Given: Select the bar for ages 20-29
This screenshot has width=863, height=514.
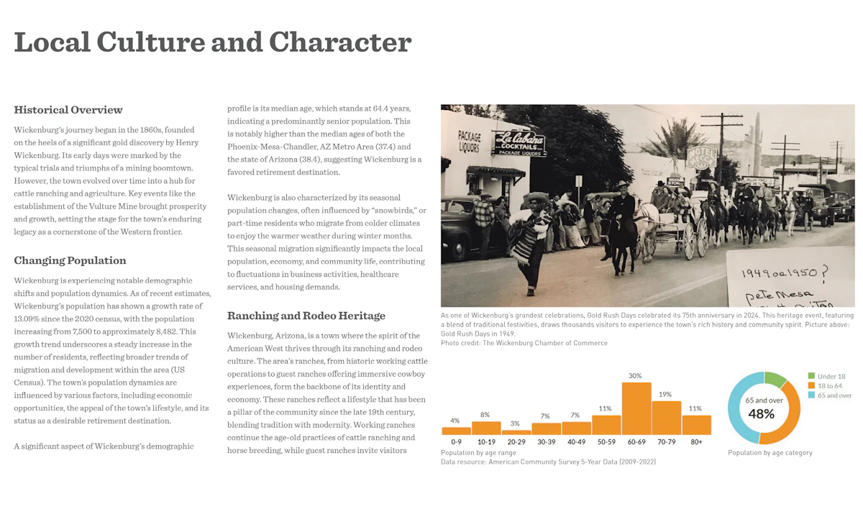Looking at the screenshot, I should coord(516,432).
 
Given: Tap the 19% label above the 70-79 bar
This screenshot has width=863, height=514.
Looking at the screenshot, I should coord(665,394).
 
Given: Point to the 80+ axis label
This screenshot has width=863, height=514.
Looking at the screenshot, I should coord(695,441).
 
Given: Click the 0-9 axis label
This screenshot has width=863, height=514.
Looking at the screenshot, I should coord(456,441).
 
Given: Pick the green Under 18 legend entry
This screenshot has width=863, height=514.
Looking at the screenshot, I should coord(829,376).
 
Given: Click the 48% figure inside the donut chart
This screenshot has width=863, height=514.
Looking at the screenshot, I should coord(761,414).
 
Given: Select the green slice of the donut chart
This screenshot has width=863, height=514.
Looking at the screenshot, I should coord(775,378).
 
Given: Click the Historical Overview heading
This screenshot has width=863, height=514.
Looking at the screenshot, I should coord(68,110).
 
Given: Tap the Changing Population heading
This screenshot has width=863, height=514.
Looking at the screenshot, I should coord(70,260).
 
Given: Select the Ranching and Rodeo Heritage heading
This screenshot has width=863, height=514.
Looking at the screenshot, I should coord(306,316).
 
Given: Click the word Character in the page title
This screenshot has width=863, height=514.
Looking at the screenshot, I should coord(340,42).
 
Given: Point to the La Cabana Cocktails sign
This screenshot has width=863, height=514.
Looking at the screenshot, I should coord(520,143).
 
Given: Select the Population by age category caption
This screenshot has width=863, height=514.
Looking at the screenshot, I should coord(770,453).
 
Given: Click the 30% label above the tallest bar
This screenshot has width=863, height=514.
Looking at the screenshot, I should coord(635,376).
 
